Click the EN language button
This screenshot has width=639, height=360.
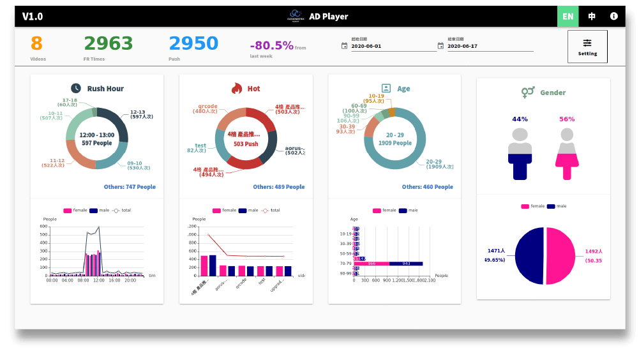[568, 16]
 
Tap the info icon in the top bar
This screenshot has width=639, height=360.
[614, 16]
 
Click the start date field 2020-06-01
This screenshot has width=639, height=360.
[393, 46]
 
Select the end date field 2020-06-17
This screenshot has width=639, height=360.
[490, 46]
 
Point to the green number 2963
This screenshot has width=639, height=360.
[109, 43]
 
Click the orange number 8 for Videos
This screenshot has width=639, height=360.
[36, 43]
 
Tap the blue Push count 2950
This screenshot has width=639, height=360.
[193, 43]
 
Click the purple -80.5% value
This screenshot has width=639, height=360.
[272, 45]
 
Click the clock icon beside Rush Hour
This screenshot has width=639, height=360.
[76, 88]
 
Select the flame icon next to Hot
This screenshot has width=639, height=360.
[237, 88]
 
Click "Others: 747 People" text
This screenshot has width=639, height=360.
[130, 187]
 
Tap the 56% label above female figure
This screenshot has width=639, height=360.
[567, 119]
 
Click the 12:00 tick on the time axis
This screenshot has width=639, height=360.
[99, 280]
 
